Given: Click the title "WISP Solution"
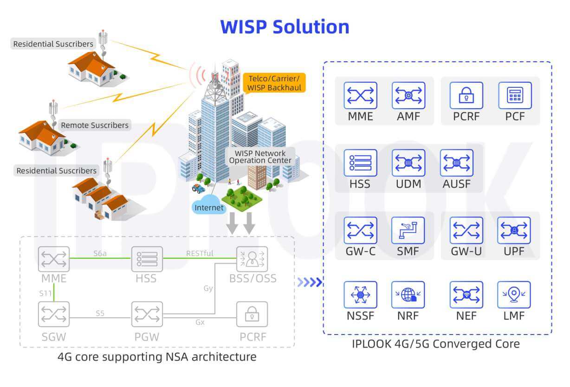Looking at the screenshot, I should [285, 27].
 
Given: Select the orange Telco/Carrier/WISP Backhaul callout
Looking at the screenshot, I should [274, 83].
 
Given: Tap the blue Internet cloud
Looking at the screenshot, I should [209, 207].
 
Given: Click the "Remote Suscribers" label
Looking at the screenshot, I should [94, 125].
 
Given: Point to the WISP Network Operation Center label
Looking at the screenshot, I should [260, 157].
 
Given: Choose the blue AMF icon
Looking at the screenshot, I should [408, 96].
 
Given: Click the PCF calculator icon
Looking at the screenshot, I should [514, 96].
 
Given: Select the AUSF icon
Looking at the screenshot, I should [456, 163].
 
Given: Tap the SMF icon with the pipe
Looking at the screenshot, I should [408, 230].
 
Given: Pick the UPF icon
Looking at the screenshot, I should [514, 230].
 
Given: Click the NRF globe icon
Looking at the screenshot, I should [408, 295].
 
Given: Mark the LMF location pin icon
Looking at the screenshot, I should [514, 295].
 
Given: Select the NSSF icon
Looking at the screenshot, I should [360, 295].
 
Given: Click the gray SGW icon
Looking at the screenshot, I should [54, 315].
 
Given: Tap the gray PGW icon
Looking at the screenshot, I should [147, 315].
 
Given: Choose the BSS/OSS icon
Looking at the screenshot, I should [252, 259].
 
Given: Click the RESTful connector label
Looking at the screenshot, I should [200, 253].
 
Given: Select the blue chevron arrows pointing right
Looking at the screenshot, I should [310, 282].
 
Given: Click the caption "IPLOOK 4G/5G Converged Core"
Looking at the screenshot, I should [435, 344].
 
